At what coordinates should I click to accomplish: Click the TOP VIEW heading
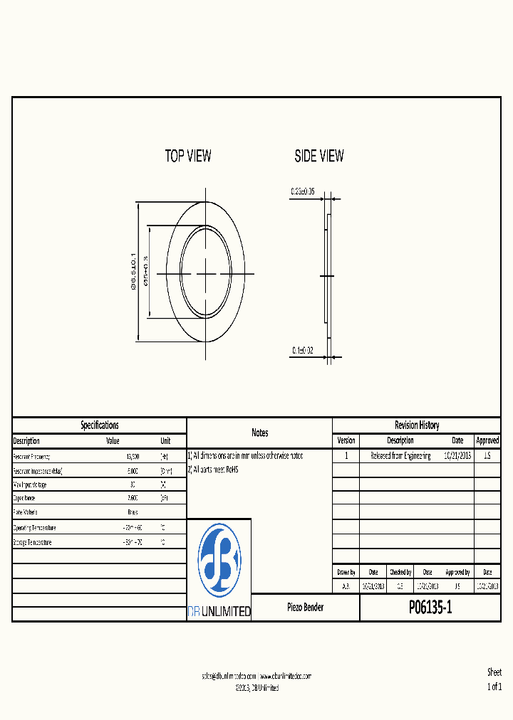(188, 156)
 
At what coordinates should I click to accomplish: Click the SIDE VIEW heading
(319, 156)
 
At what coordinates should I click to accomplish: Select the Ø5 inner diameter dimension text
(146, 272)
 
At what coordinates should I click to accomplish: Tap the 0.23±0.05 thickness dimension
(302, 191)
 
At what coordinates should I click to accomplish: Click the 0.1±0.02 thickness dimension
(303, 351)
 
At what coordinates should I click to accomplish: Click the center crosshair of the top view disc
(205, 273)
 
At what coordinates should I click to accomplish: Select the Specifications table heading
(100, 425)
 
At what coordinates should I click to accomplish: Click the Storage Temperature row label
(33, 542)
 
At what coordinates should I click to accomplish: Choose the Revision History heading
(417, 425)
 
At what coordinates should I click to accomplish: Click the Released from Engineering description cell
(400, 456)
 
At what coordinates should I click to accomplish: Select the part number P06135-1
(430, 608)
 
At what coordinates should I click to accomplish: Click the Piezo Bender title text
(305, 608)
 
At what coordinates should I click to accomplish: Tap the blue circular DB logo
(219, 561)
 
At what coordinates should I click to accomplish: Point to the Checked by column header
(400, 572)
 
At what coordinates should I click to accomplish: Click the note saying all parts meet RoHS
(214, 470)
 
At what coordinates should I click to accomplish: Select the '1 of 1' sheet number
(494, 687)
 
